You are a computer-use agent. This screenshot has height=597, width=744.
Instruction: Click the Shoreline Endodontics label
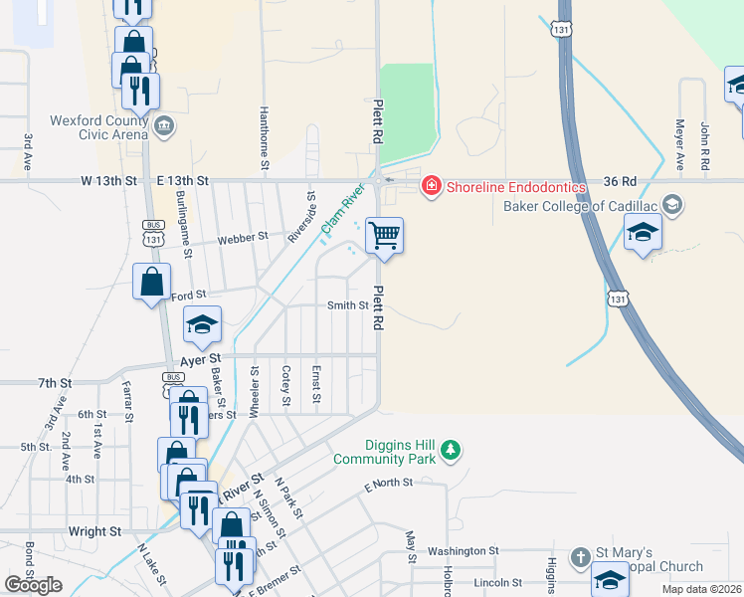507,185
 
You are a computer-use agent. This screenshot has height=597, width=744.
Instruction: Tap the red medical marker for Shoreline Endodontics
432,185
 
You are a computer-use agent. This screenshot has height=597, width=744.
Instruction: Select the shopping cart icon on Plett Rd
384,236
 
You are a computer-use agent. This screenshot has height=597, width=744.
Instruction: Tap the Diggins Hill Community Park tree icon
452,451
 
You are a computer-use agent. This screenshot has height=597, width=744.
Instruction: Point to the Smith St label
348,305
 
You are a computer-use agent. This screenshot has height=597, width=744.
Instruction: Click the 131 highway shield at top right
563,30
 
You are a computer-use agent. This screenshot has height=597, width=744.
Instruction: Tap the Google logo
33,585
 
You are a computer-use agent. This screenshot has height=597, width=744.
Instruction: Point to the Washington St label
463,550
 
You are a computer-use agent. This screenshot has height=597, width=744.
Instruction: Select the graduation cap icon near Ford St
201,323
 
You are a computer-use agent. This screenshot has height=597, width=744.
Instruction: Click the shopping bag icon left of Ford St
151,282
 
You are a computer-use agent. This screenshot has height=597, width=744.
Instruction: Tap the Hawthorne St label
264,129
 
